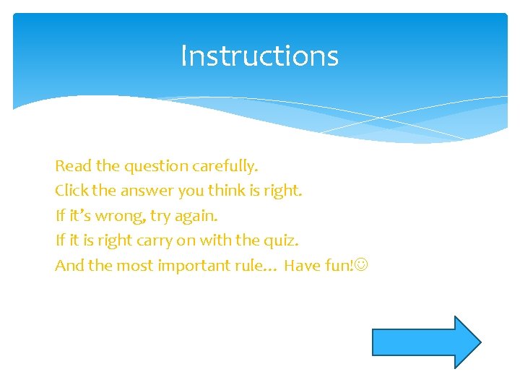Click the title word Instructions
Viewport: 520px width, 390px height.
[259, 56]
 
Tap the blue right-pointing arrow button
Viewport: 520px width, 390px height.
[425, 342]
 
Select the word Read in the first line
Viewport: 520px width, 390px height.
[73, 166]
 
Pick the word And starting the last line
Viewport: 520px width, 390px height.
[69, 266]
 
